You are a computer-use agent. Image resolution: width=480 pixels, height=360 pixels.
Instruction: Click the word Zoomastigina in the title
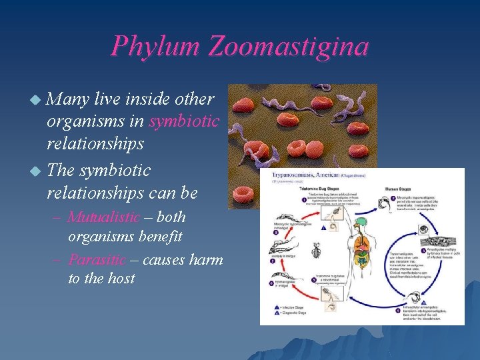coord(289,47)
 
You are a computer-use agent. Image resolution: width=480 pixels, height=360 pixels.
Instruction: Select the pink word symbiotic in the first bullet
coord(184,123)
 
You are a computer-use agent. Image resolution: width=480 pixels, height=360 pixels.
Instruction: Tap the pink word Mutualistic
coord(103,217)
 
